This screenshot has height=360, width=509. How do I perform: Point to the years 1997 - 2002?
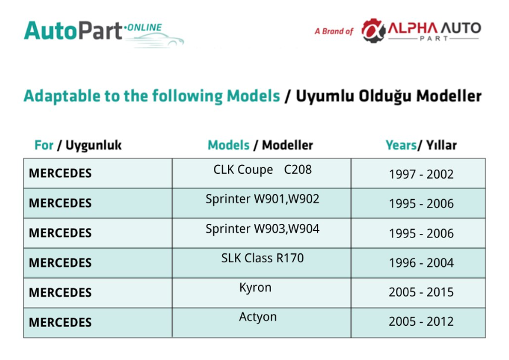(421, 174)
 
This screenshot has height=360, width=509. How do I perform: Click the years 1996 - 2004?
(421, 263)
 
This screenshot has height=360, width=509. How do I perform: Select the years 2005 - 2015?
(421, 292)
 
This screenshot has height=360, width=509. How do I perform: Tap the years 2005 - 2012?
(421, 321)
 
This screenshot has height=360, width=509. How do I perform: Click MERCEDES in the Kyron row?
(60, 292)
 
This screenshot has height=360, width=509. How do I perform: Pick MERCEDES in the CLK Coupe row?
(60, 173)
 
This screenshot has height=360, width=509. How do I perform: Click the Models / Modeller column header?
(260, 145)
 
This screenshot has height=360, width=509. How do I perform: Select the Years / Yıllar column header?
(421, 145)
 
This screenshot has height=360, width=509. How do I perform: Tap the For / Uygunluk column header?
(78, 146)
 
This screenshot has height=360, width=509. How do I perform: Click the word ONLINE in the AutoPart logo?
(144, 27)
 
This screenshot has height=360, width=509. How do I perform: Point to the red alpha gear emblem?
(374, 31)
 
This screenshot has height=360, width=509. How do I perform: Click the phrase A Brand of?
(333, 31)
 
